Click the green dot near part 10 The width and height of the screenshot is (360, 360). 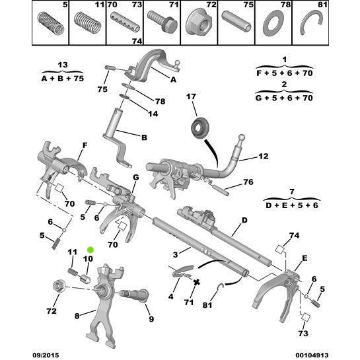pyautogui.click(x=91, y=250)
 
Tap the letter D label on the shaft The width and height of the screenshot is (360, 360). pyautogui.click(x=244, y=220)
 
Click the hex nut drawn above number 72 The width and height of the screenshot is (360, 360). pyautogui.click(x=57, y=287)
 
